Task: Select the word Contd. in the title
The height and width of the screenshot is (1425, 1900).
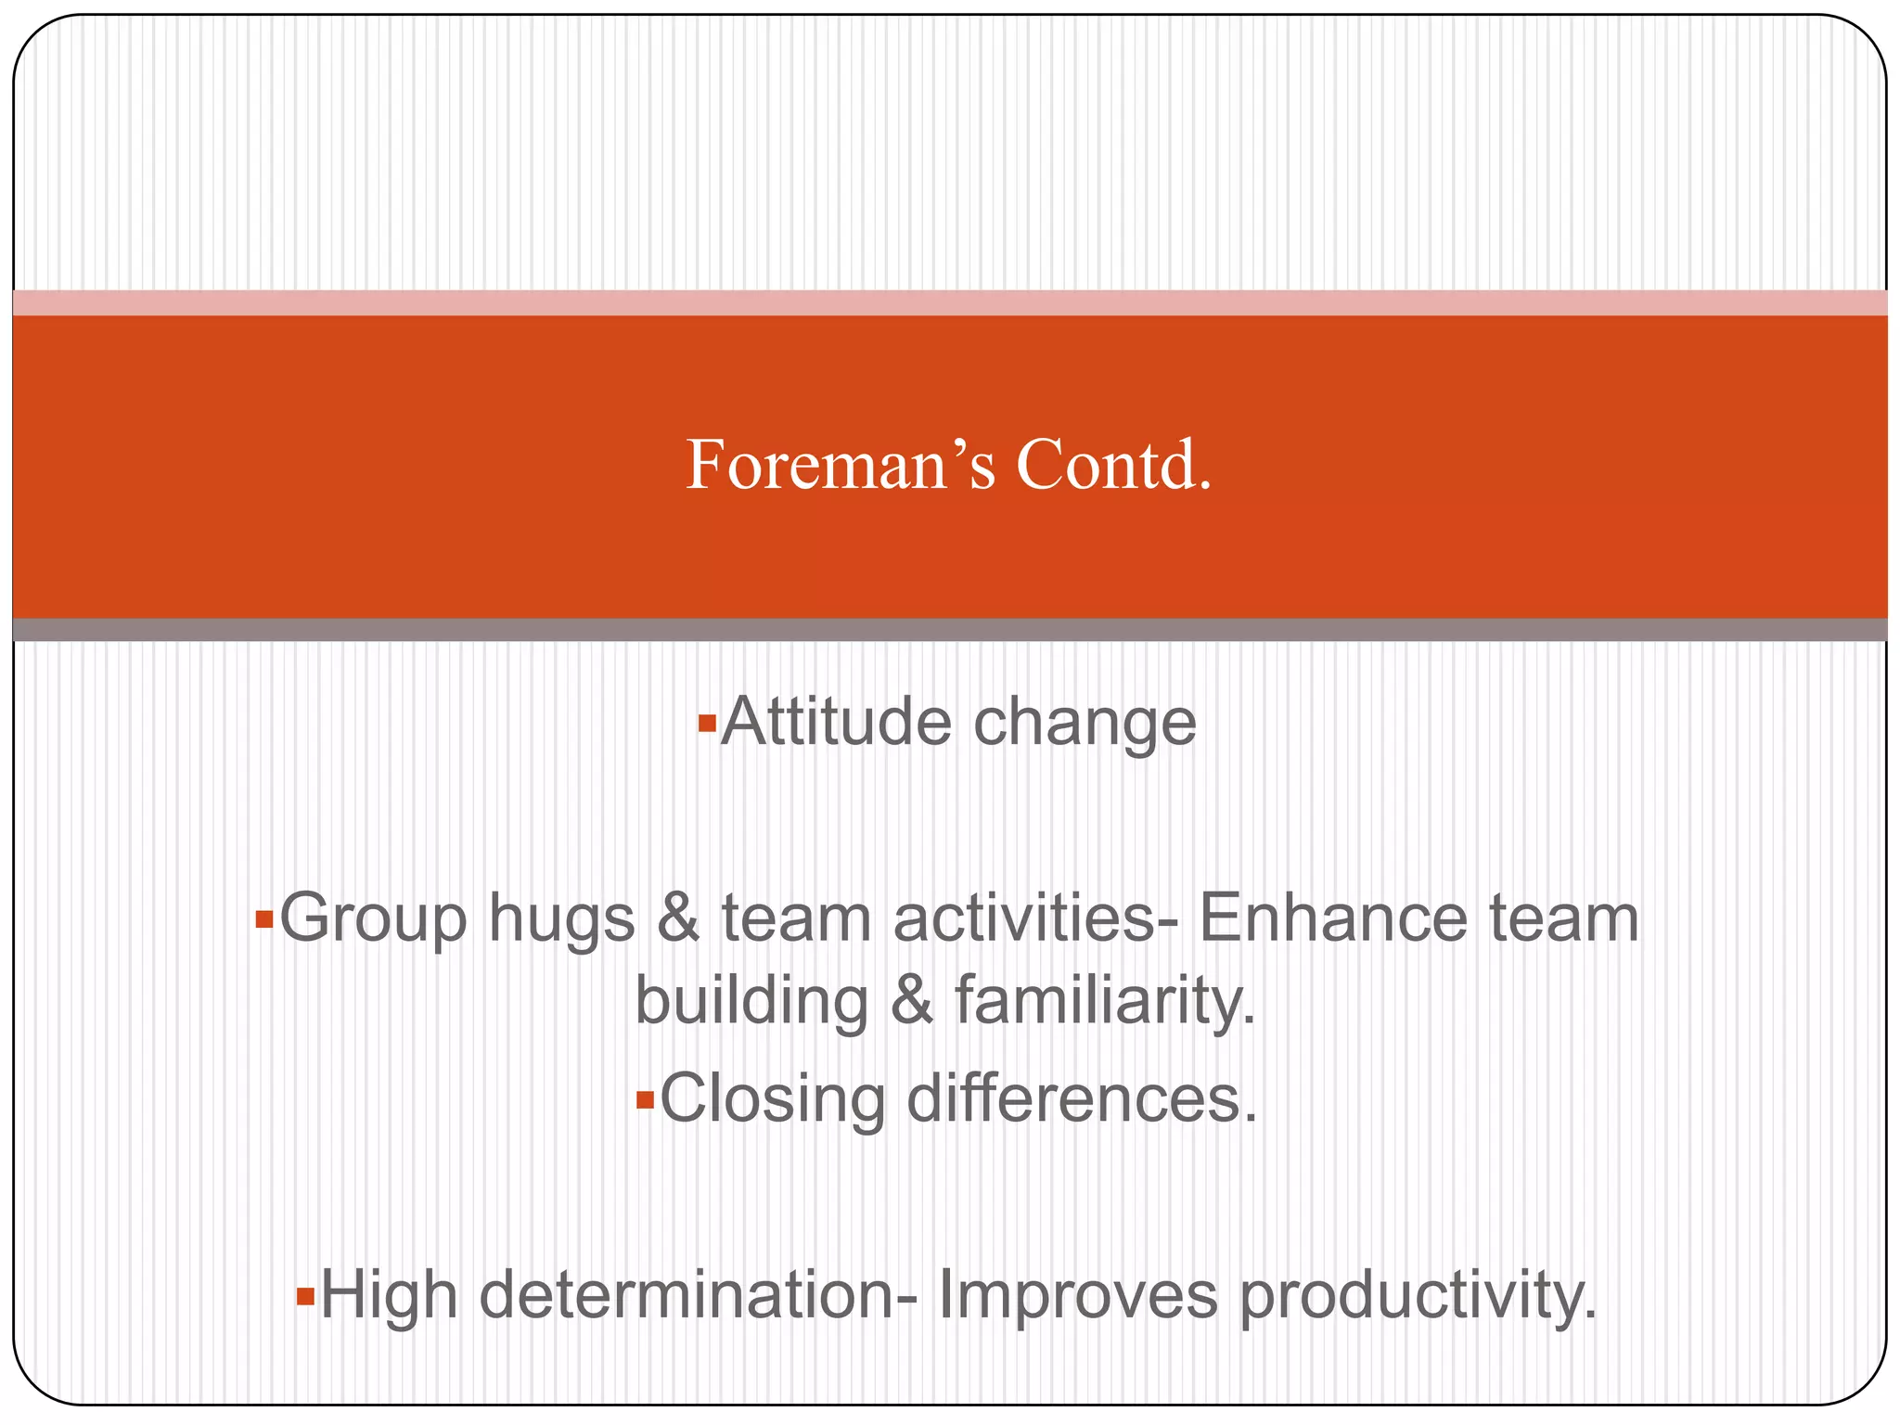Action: [1113, 465]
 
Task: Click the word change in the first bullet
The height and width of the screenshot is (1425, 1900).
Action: [1085, 724]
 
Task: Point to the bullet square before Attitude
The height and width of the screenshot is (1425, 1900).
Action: [707, 722]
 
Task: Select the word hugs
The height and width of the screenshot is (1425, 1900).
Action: [562, 918]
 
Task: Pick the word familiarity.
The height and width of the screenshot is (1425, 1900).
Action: [1105, 1002]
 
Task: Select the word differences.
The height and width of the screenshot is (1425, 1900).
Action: [1082, 1099]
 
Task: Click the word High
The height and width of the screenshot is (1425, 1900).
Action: [389, 1295]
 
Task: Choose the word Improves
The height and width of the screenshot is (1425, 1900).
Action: [1077, 1297]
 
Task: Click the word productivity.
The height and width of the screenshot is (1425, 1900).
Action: [1419, 1297]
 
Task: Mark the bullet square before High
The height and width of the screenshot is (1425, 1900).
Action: [305, 1296]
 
